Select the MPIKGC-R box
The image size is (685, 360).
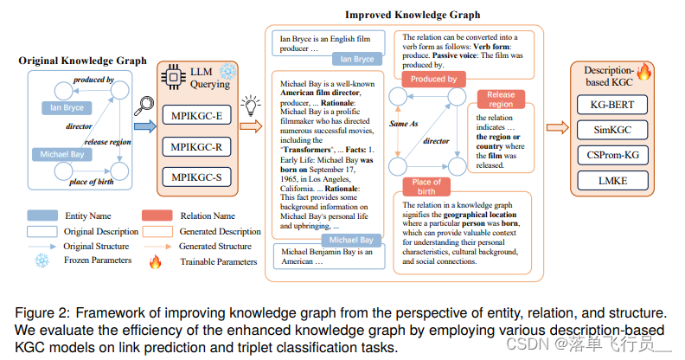tap(196, 145)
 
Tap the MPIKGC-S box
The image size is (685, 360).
tap(196, 177)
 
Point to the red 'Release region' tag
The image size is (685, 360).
tap(500, 100)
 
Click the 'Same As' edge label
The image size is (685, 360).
tap(403, 124)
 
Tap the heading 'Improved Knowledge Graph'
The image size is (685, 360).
tap(400, 15)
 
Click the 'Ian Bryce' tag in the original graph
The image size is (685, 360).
tap(63, 108)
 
